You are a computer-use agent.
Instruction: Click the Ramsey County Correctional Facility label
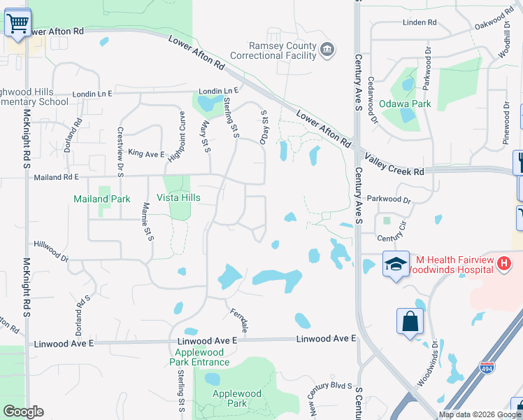pos(284,51)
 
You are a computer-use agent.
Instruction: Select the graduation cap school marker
pos(396,264)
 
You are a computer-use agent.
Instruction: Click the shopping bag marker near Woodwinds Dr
pos(410,322)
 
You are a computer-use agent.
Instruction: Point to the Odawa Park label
pos(405,104)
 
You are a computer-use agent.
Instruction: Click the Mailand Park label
pos(102,199)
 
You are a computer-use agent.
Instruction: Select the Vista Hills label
pos(178,198)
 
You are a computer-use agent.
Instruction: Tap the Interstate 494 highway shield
pos(488,367)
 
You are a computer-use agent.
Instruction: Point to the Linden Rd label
pos(420,23)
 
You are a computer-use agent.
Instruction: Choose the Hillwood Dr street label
pos(52,251)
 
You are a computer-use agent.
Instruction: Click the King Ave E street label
pos(145,154)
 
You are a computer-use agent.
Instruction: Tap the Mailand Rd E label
pos(57,178)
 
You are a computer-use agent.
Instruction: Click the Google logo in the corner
pos(23,412)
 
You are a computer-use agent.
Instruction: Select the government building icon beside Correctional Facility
pos(327,50)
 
